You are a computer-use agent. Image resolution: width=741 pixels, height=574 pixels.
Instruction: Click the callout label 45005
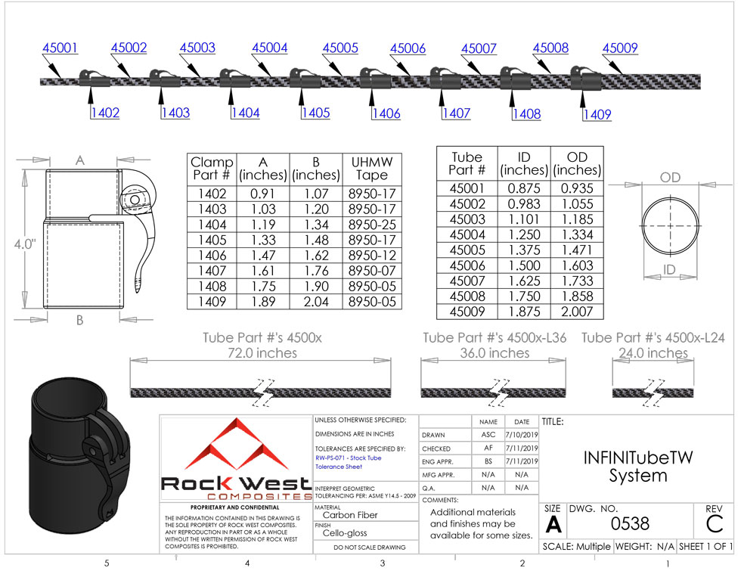tap(340, 48)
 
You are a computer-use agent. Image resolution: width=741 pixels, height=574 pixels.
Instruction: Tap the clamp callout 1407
tap(457, 113)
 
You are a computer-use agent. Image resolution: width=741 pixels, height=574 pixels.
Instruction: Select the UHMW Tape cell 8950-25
tap(372, 225)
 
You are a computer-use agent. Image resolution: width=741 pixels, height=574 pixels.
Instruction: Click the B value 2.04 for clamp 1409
tap(316, 302)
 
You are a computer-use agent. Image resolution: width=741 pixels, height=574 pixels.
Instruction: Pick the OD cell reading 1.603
tap(577, 265)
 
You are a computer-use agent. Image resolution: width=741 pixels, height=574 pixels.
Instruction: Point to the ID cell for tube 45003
tap(524, 219)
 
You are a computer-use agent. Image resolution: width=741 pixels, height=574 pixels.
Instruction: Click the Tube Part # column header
tap(467, 163)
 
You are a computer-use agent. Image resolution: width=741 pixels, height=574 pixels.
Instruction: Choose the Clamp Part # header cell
tap(212, 169)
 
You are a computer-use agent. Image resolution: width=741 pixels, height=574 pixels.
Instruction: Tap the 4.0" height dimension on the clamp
tap(25, 244)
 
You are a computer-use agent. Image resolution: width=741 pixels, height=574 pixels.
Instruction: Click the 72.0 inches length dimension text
tap(262, 352)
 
